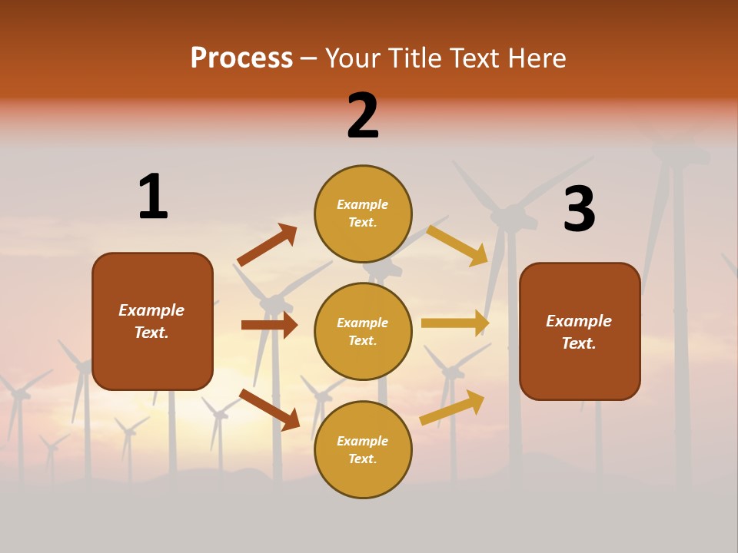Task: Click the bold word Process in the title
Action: [241, 58]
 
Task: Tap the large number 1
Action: [153, 197]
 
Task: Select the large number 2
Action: [363, 116]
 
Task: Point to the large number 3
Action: [579, 209]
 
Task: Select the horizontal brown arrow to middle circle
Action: [269, 325]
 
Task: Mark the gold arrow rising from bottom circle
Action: [452, 407]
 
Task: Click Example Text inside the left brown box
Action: [151, 321]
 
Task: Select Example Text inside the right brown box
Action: [579, 332]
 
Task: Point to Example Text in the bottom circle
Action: [362, 450]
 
